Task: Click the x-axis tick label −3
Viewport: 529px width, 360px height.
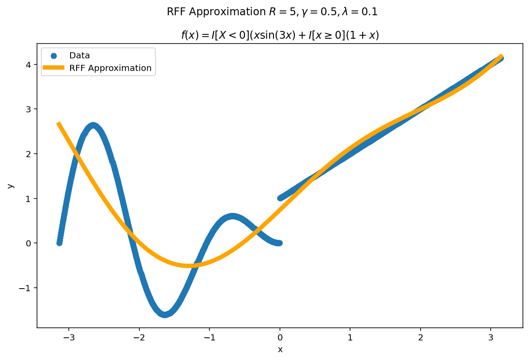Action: point(69,337)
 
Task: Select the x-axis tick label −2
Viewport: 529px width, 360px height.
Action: point(139,337)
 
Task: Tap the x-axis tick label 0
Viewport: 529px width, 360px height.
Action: point(280,337)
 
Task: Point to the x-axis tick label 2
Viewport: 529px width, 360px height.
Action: point(421,337)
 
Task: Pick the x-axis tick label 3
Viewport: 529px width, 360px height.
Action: point(491,337)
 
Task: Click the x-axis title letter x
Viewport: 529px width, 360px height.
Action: point(280,349)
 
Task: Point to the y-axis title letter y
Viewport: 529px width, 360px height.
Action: point(11,185)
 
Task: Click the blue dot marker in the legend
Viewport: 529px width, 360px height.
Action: point(54,56)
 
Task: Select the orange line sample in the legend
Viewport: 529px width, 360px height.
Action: point(54,68)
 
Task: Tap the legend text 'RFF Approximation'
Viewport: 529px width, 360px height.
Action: point(110,68)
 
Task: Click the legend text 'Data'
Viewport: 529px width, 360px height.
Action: point(80,56)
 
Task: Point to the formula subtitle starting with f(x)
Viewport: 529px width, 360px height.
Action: point(280,35)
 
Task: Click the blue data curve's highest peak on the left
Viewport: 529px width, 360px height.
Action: point(93,125)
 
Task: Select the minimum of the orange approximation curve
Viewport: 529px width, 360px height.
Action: point(189,266)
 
